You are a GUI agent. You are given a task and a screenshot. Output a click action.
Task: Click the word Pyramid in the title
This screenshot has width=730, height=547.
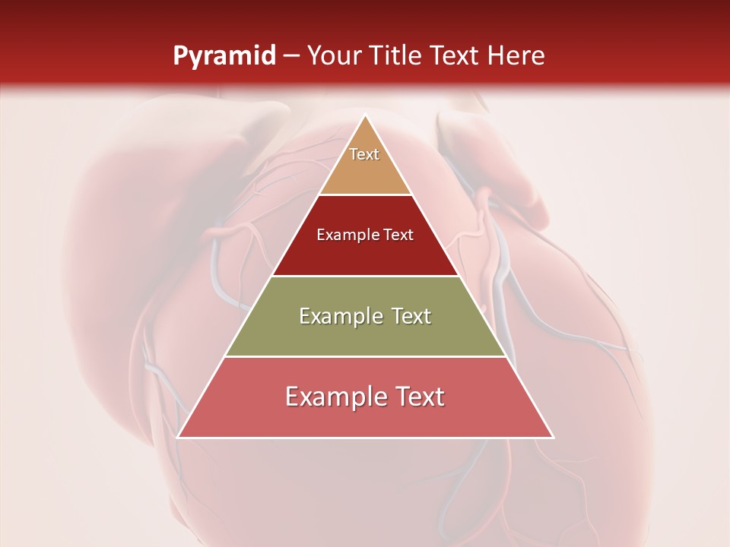click(224, 56)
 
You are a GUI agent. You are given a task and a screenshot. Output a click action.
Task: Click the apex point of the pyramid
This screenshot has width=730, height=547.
click(365, 115)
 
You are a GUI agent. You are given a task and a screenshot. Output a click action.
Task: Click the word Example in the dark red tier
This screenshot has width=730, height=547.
click(344, 235)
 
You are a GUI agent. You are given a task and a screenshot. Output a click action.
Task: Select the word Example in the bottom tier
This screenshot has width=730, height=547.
click(333, 397)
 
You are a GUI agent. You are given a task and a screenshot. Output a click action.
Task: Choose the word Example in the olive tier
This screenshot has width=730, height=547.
click(338, 316)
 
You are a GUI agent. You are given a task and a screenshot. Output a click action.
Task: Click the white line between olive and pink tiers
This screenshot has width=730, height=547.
click(365, 356)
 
